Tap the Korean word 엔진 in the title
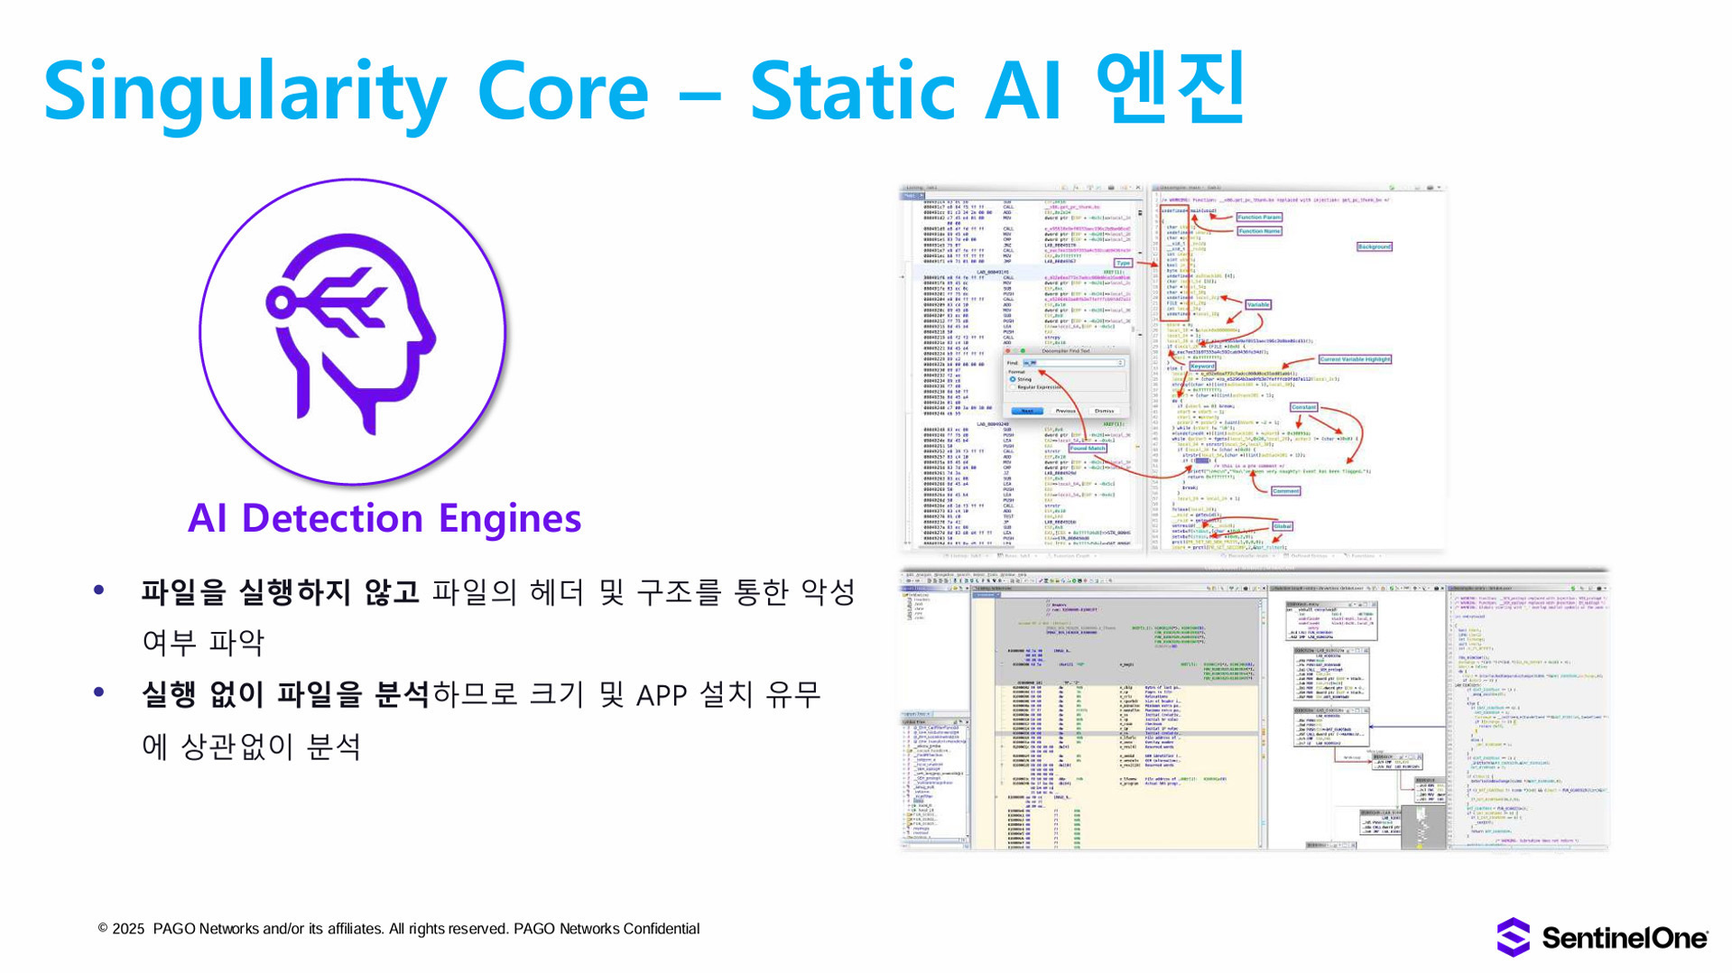tap(1171, 88)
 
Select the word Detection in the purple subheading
tap(332, 518)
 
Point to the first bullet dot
tap(99, 590)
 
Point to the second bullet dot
tap(99, 692)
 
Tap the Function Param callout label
tap(1258, 218)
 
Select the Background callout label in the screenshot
tap(1374, 246)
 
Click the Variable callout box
tap(1257, 305)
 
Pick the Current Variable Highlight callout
tap(1355, 359)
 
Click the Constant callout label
tap(1303, 407)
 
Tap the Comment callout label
tap(1285, 491)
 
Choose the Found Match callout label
tap(1087, 449)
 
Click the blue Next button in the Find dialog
tap(1027, 411)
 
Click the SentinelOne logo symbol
tap(1514, 937)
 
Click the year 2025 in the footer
tap(128, 929)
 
